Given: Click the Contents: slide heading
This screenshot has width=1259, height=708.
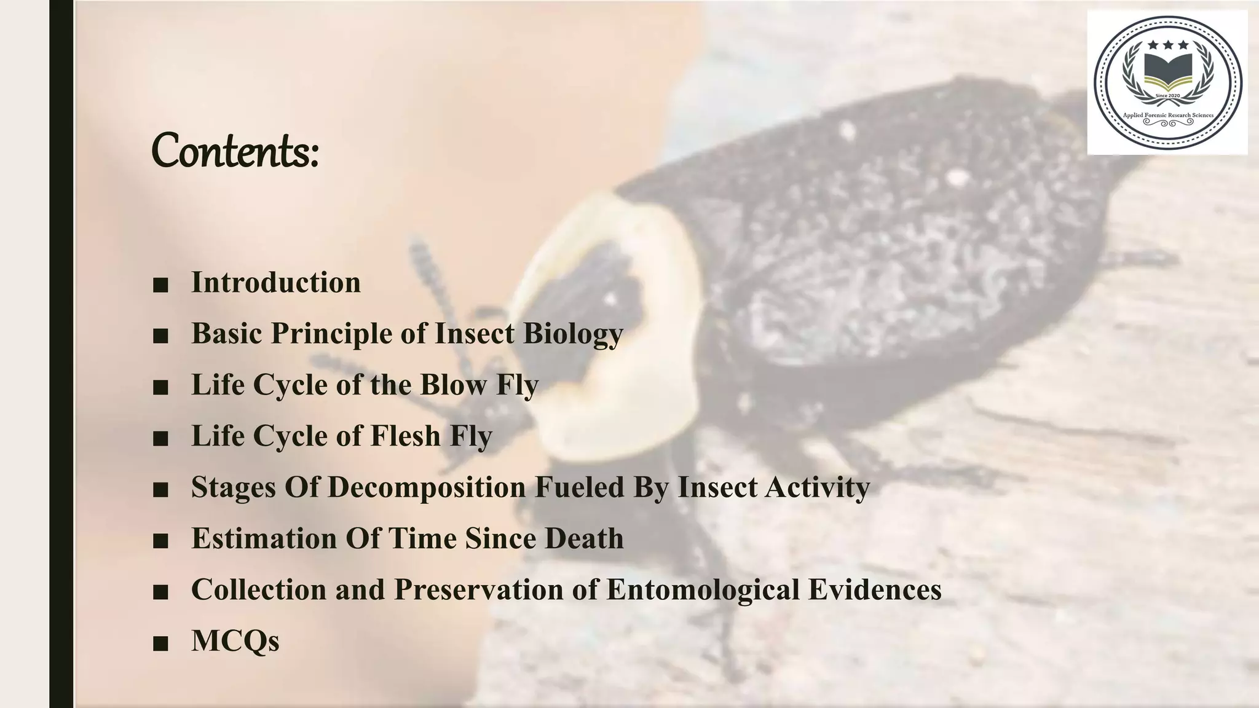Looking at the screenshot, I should [x=235, y=151].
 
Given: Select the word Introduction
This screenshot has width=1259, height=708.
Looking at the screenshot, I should [x=276, y=283].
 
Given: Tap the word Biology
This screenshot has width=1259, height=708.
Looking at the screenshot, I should [x=573, y=334].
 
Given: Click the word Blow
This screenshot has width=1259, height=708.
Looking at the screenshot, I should [x=454, y=385].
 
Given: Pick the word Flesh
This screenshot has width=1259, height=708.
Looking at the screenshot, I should [x=406, y=436].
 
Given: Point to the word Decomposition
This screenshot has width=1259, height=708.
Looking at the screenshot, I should [x=428, y=487].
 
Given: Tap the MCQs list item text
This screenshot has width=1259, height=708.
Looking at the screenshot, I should [x=235, y=640].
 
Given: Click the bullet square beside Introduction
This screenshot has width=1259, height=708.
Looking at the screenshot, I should [x=160, y=285].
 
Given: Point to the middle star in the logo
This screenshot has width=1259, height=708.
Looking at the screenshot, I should [x=1167, y=45].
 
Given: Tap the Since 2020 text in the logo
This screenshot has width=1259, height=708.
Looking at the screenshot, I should [x=1167, y=96].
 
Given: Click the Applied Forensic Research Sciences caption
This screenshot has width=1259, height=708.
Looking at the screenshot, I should [x=1168, y=115].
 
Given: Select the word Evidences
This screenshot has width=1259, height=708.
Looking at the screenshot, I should [x=875, y=589].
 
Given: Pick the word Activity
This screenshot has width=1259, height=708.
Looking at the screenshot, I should [x=818, y=487].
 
